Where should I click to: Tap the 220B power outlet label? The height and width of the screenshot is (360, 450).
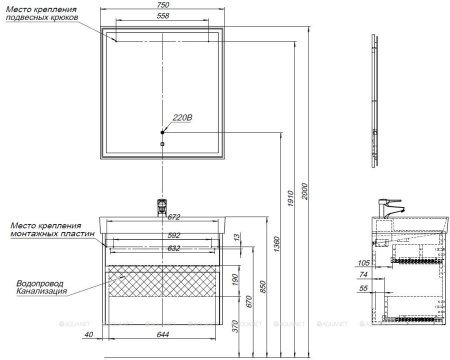coord(182,117)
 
